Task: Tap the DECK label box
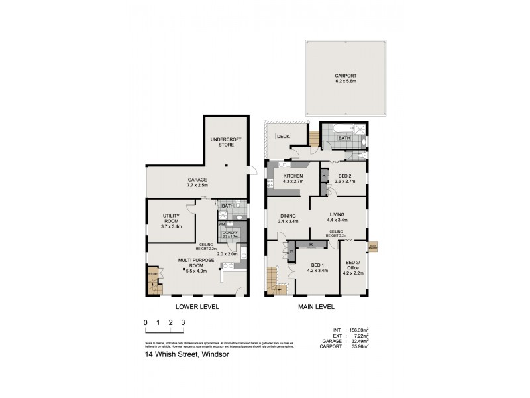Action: point(283,136)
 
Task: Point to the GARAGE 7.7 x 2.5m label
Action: point(197,182)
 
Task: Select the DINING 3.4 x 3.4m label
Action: point(288,218)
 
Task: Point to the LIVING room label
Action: point(337,217)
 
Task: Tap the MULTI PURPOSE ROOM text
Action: point(196,265)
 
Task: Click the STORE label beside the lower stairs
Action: point(153,273)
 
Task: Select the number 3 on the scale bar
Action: point(183,322)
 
